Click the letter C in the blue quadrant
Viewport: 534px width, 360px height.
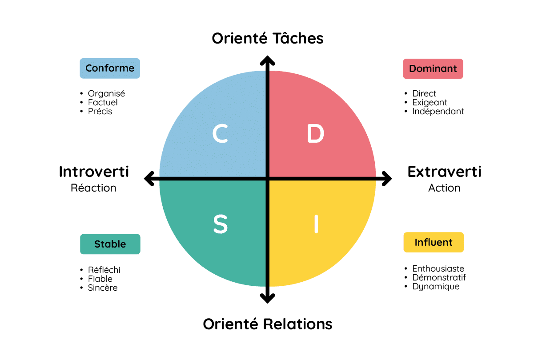(220, 134)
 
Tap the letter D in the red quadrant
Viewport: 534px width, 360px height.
(315, 134)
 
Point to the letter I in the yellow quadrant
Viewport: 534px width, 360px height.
(316, 224)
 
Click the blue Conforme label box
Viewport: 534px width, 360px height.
(110, 68)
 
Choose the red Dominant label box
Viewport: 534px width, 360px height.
(433, 69)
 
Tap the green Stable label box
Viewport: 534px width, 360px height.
(110, 244)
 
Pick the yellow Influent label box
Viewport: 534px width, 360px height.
(434, 242)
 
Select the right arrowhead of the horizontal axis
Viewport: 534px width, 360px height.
(387, 179)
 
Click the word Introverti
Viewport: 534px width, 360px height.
(94, 172)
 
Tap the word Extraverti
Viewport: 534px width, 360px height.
(445, 172)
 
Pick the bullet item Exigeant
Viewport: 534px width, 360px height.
(430, 103)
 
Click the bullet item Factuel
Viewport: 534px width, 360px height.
(103, 103)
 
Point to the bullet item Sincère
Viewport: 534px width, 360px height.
(103, 288)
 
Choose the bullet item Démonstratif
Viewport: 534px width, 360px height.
(439, 278)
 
